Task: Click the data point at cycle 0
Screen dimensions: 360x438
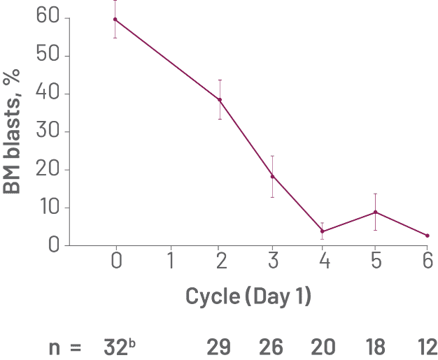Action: (x=115, y=19)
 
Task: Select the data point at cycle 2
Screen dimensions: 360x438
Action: (x=220, y=99)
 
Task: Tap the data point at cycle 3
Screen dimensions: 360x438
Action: (x=272, y=175)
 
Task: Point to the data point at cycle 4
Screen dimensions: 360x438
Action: (x=322, y=231)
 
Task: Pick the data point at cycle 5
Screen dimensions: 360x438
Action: (x=376, y=212)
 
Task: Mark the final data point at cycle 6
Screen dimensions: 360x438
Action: (x=427, y=236)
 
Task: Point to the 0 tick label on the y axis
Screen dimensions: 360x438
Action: (x=57, y=245)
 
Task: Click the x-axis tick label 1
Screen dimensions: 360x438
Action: (x=171, y=261)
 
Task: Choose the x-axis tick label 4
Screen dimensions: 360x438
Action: (x=325, y=261)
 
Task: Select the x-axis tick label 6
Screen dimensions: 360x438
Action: (x=427, y=261)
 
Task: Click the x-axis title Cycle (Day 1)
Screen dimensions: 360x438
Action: (x=248, y=296)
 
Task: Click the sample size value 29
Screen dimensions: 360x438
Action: (x=221, y=346)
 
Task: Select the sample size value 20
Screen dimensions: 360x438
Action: (x=324, y=346)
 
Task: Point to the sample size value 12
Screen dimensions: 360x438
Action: (x=427, y=346)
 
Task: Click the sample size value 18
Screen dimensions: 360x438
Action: (x=376, y=346)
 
